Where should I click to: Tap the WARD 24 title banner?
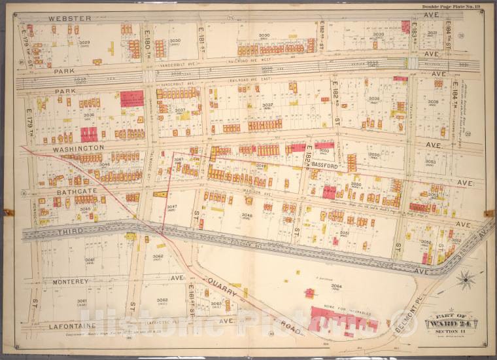pos(452,323)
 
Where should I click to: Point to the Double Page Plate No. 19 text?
pos(453,6)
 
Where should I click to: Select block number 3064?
pos(336,286)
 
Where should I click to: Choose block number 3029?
pos(84,43)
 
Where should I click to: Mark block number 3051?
pos(344,232)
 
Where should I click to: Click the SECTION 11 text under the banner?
pos(452,333)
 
